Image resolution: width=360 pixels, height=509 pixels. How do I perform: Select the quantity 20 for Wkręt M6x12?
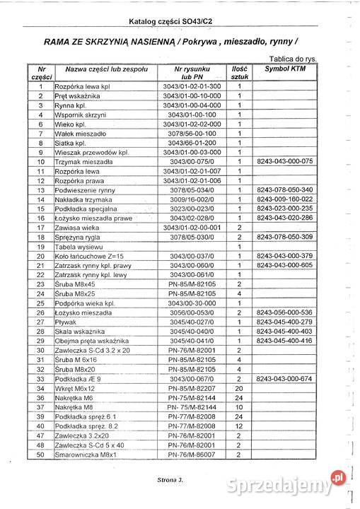click(240, 388)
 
